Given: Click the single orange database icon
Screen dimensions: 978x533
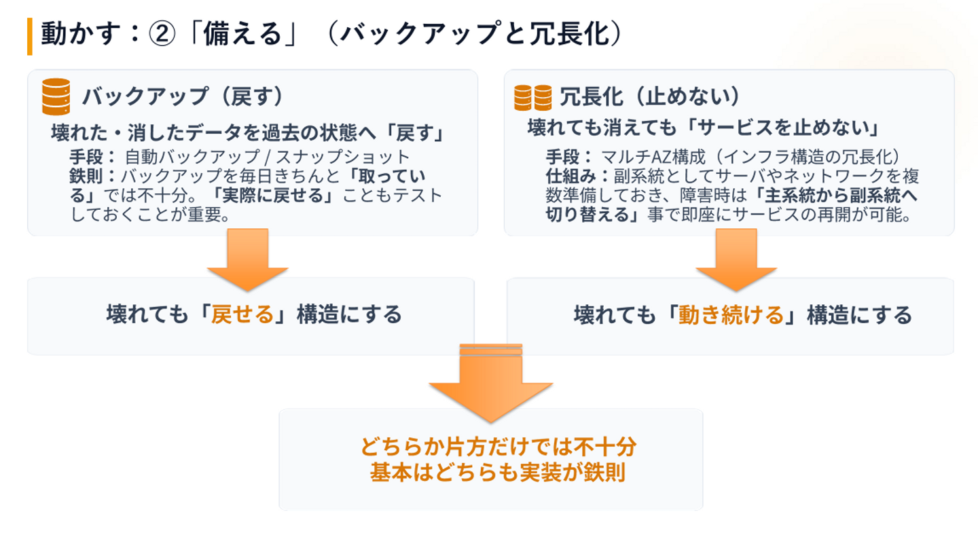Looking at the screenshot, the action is pyautogui.click(x=56, y=96).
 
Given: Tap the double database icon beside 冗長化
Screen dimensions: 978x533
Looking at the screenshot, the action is pyautogui.click(x=532, y=97).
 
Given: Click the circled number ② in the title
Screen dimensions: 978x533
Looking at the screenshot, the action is pyautogui.click(x=162, y=34).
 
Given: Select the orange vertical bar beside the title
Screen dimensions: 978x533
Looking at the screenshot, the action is pyautogui.click(x=30, y=36).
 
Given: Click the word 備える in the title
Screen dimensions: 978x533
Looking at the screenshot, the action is pyautogui.click(x=242, y=34).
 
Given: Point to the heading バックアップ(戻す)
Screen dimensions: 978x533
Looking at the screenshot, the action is pyautogui.click(x=183, y=96).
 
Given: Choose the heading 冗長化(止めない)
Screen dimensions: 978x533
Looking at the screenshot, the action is pyautogui.click(x=651, y=96).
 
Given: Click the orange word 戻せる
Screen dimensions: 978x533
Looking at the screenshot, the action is pyautogui.click(x=242, y=314).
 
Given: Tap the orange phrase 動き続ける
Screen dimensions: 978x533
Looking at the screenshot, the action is pyautogui.click(x=731, y=315).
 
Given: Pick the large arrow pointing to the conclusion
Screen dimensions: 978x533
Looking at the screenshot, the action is pyautogui.click(x=491, y=383).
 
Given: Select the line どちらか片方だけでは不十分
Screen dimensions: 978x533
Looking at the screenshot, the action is pyautogui.click(x=499, y=447).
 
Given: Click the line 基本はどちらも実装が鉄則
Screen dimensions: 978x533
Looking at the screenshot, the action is pyautogui.click(x=498, y=473).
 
